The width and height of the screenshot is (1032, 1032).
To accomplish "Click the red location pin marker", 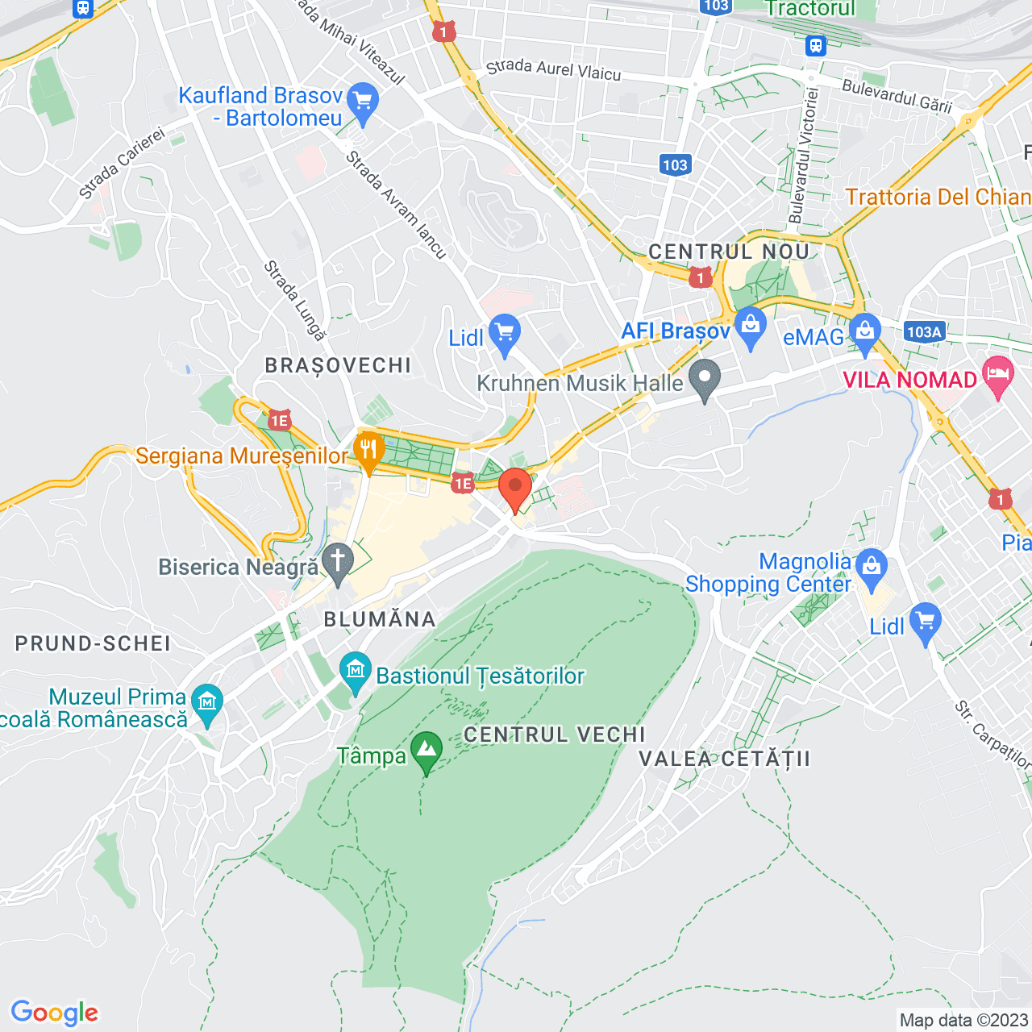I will coord(514,488).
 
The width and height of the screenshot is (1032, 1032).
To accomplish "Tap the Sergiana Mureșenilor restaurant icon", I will coord(368,451).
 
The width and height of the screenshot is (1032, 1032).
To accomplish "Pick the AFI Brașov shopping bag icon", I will coord(751,327).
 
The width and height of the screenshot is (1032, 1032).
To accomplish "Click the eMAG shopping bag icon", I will coord(864,332).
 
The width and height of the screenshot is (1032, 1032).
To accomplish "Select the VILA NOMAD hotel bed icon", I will coord(998,376).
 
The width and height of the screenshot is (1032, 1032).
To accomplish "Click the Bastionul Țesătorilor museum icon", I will coord(355,672).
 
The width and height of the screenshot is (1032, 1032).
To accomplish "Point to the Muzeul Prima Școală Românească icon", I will coord(208,704).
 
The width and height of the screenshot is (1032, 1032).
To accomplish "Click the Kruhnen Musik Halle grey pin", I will coord(705,379).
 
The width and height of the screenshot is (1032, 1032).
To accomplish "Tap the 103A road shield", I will coord(924,331).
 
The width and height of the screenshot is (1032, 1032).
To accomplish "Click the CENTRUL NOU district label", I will coord(729,252).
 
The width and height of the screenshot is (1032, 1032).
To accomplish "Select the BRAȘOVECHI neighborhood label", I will coord(338,365).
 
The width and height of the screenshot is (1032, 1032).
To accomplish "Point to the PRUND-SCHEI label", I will coord(93,643).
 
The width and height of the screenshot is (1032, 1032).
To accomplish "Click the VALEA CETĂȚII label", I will coord(724,759).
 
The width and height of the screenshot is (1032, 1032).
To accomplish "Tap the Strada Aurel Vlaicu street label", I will coord(553,69).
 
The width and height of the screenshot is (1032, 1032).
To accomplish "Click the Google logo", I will coord(54,1013).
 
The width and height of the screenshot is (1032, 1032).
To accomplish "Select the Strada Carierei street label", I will coord(122,164).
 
